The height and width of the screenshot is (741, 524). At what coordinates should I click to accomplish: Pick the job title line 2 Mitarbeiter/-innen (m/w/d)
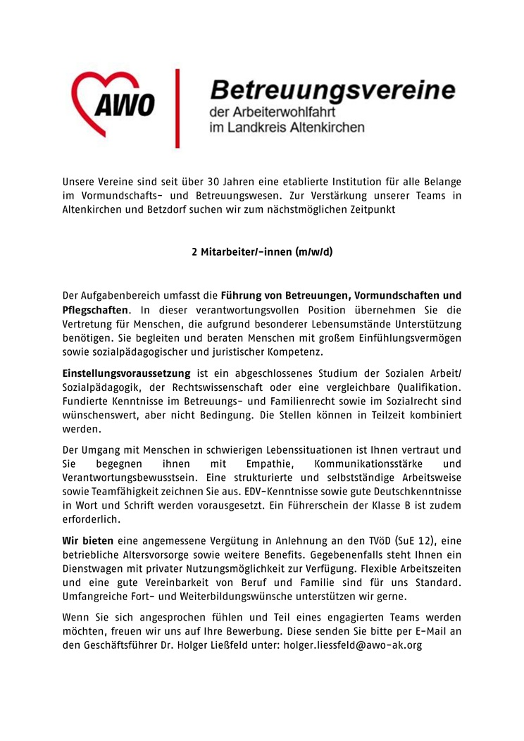tap(261, 251)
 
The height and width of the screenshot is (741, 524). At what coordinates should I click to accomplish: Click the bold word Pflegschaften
tap(95, 309)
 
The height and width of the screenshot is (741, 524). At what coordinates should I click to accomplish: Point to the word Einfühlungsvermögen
tap(406, 337)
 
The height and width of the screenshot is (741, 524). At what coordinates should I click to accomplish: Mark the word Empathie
tap(247, 464)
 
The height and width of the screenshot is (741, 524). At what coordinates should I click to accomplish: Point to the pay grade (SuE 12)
tap(398, 542)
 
